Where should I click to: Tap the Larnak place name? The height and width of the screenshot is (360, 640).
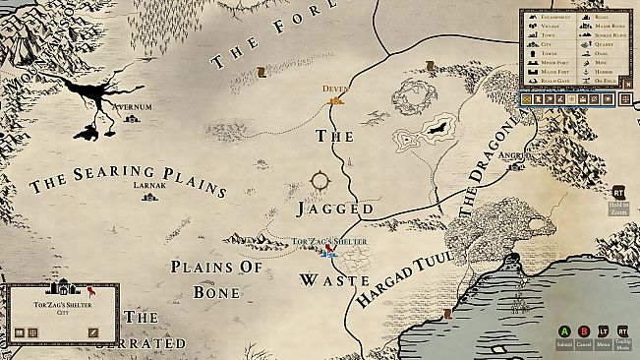[148, 184]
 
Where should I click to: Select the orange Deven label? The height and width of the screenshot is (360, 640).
[335, 89]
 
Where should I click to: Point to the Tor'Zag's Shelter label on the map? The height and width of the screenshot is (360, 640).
[330, 241]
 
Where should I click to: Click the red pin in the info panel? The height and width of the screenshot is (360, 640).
[90, 291]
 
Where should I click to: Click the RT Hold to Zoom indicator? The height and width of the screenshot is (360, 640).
[619, 193]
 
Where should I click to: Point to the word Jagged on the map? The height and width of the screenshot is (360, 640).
[335, 209]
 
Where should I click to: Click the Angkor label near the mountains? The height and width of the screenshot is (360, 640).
[516, 154]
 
